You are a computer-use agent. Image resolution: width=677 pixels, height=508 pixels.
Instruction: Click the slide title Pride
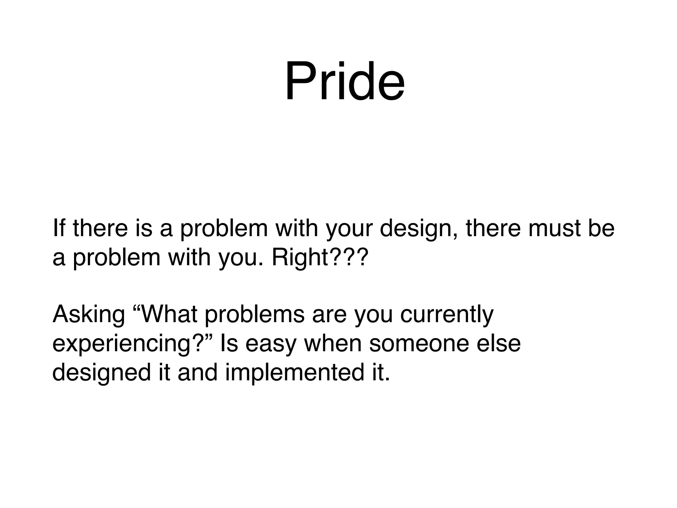point(344,82)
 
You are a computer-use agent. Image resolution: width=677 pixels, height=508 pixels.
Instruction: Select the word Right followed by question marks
point(319,258)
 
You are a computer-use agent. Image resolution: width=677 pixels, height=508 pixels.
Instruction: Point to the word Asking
point(89,315)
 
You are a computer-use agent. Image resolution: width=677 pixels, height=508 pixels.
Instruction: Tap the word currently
point(447,315)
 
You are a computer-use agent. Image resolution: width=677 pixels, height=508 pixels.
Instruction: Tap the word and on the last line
point(198,372)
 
